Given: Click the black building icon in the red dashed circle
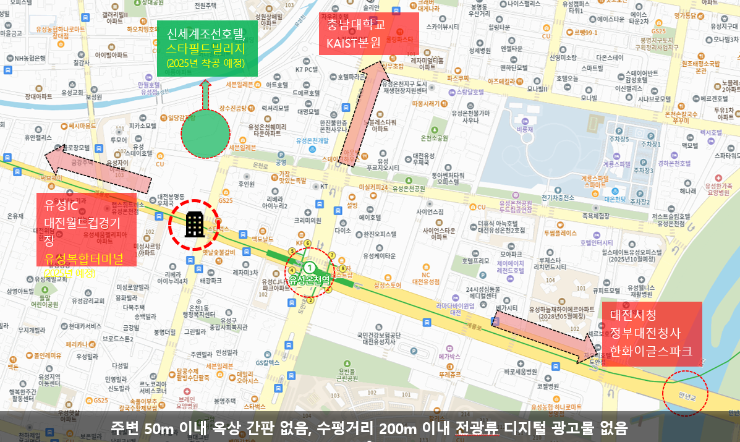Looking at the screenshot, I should [195, 224].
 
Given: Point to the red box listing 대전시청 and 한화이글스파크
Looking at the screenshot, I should [652, 333].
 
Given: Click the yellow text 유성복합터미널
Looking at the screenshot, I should [83, 258].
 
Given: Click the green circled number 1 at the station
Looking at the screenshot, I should [310, 267].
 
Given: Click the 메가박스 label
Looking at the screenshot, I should [449, 357].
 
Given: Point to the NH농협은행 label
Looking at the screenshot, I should [27, 58].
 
